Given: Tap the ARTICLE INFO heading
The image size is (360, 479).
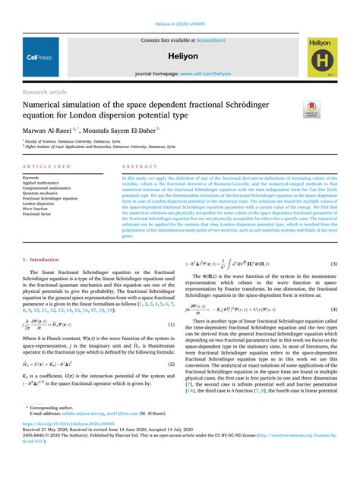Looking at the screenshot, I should click(x=47, y=165).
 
